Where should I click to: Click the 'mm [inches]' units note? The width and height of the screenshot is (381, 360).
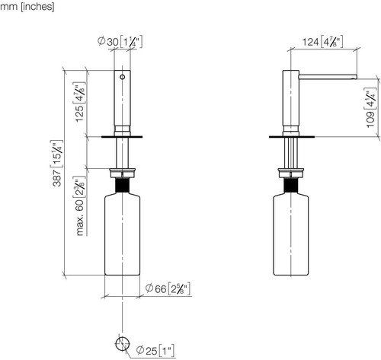coord(27,6)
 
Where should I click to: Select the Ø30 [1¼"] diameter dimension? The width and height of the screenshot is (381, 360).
coord(120,42)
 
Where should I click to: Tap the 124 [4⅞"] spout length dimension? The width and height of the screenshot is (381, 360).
coord(322,42)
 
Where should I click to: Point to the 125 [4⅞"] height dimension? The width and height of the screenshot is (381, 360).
coord(80,102)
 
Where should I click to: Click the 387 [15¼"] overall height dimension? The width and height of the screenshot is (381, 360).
coord(57,163)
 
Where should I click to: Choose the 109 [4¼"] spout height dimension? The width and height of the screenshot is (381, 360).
coord(370,108)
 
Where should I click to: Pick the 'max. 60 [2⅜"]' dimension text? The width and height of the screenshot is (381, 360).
coord(80,205)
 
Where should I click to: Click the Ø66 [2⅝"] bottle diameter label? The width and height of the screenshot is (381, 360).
coord(168,288)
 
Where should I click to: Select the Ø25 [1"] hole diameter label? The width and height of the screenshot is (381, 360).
coord(155,351)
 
